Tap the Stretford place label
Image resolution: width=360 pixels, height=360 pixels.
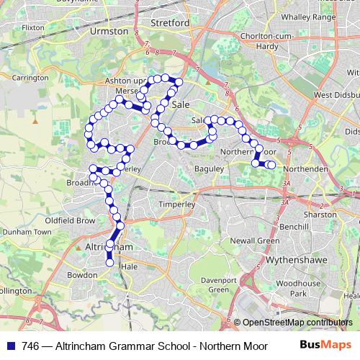[x=170, y=23]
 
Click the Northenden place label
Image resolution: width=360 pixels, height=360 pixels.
[x=307, y=168]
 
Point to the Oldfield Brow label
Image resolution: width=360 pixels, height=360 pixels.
[x=70, y=220]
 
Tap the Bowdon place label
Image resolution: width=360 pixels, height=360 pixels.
[x=84, y=275]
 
